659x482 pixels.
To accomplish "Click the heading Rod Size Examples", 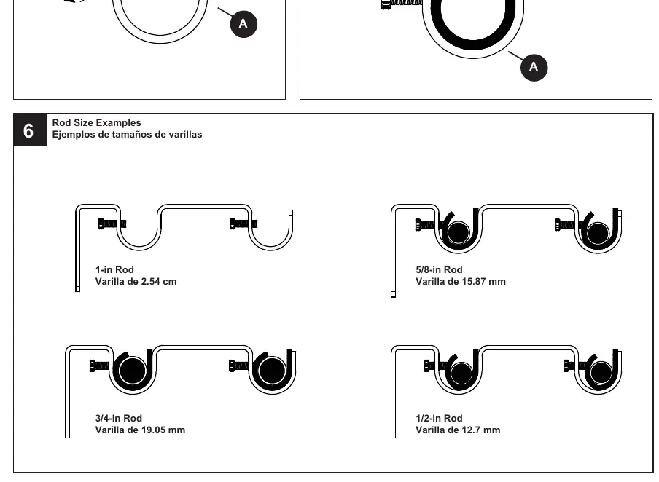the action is point(97,122).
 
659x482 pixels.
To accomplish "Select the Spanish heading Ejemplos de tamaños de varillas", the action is point(127,135).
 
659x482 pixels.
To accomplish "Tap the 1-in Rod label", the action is point(114,269).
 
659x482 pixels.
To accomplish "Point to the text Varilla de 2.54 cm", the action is point(136,281).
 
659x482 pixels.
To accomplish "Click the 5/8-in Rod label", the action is point(439,269).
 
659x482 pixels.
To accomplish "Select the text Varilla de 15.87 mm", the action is point(461,281).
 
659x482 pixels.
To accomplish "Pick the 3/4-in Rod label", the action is point(119,418).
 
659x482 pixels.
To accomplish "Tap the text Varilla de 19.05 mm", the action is point(140,430).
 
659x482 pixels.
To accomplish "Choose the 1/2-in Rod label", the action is point(439,418).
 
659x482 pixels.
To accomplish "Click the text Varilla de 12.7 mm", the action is point(458,430).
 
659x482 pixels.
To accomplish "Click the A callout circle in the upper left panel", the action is point(243,24).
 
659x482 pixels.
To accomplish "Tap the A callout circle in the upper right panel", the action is point(534,67).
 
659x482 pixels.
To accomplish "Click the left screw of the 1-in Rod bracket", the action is point(112,224).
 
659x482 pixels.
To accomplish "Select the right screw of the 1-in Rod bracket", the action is point(243,224).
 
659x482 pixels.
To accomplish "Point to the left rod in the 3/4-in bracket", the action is point(133,371).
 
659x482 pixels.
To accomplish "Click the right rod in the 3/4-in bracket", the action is point(272,371).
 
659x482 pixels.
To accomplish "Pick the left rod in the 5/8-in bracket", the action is point(459,232).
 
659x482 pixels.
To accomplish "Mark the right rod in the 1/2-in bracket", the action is point(601,372).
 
